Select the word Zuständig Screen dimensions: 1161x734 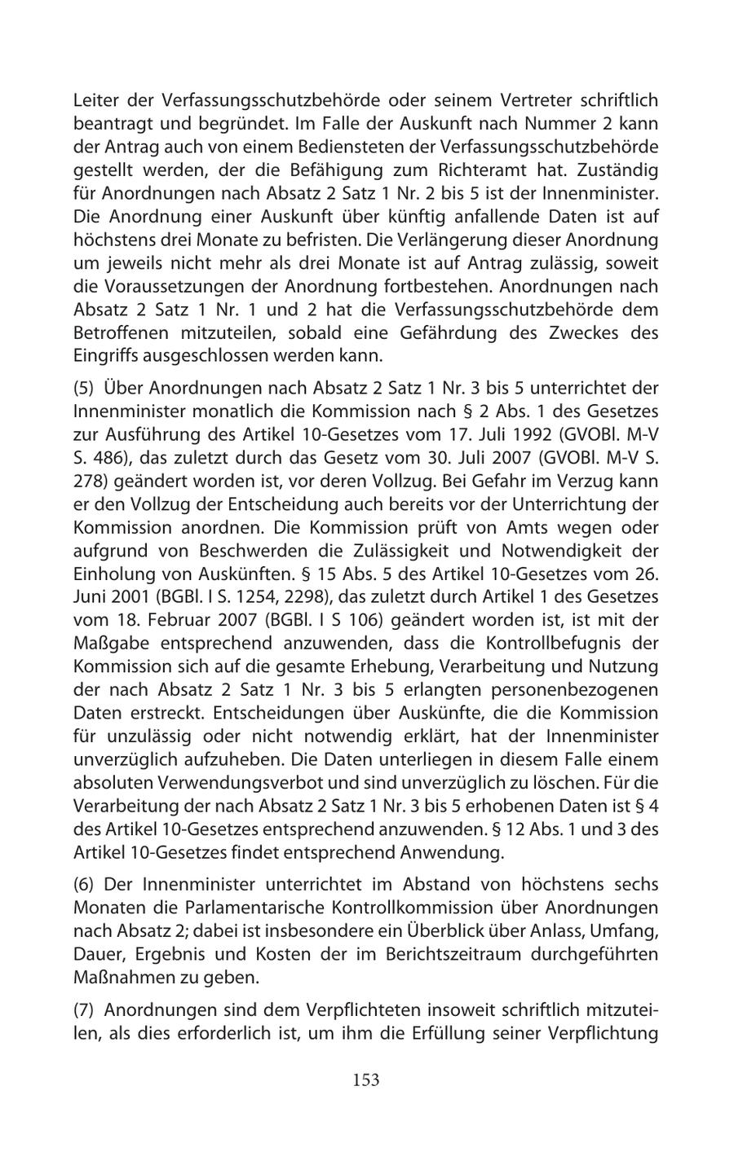[619, 171]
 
